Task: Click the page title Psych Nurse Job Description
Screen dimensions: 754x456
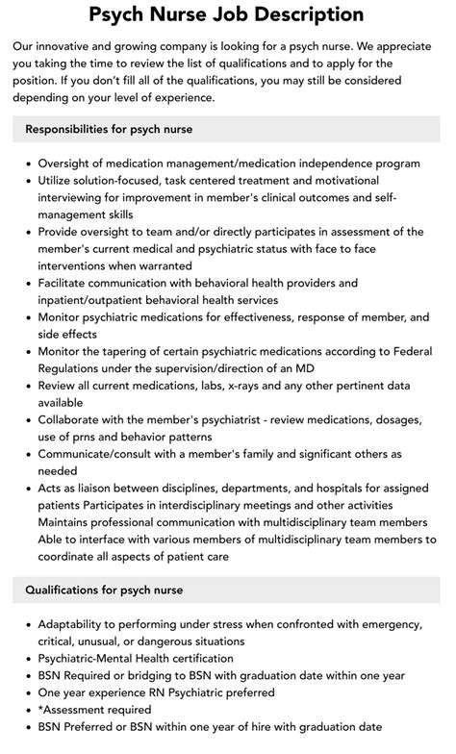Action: (x=227, y=14)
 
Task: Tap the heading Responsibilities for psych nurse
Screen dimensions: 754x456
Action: (x=110, y=129)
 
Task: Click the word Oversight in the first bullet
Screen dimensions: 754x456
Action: (x=70, y=163)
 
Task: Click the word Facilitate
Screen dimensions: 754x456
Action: (x=68, y=283)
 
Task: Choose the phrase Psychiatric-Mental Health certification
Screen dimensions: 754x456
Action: (x=136, y=659)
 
